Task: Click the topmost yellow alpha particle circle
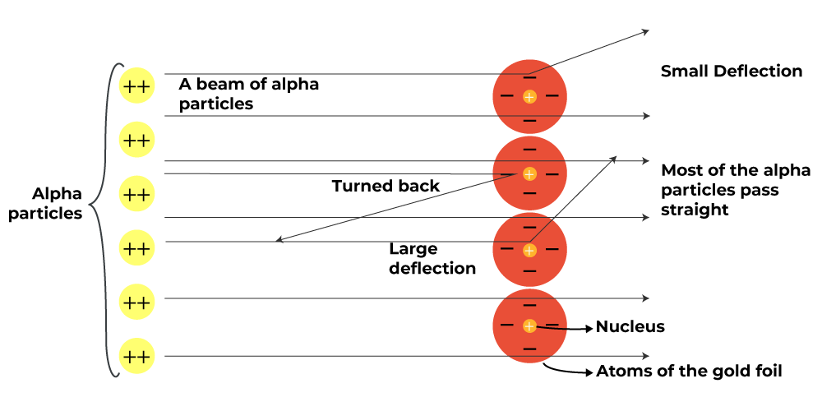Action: (x=136, y=85)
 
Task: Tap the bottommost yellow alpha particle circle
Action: (x=136, y=357)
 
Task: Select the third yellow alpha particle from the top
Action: (x=136, y=194)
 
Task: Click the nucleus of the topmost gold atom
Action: (x=529, y=97)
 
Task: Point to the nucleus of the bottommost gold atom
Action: (x=529, y=326)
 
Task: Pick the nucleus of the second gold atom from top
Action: (x=529, y=174)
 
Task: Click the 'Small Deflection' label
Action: (x=732, y=72)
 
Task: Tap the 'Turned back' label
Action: (x=386, y=187)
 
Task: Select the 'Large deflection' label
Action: (x=432, y=258)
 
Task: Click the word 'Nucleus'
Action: (x=630, y=327)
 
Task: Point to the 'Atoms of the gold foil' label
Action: (x=689, y=372)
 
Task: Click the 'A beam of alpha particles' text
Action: (x=248, y=95)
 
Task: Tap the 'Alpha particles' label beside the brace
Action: (x=57, y=204)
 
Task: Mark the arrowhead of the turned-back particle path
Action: (x=279, y=241)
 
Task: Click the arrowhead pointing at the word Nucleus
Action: (x=589, y=328)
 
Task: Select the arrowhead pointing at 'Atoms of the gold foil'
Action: (x=589, y=372)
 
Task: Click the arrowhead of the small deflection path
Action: (x=646, y=31)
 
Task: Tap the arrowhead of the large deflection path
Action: (x=613, y=157)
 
